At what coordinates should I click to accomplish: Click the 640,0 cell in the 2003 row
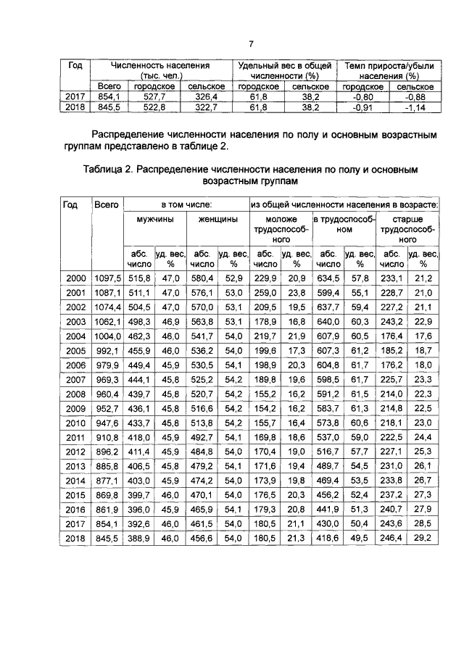click(x=327, y=321)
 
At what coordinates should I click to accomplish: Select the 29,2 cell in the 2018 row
click(x=422, y=539)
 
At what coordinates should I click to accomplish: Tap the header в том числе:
click(x=186, y=205)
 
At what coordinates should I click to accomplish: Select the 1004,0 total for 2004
click(x=107, y=336)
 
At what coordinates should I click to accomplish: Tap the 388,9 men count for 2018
click(x=138, y=539)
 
